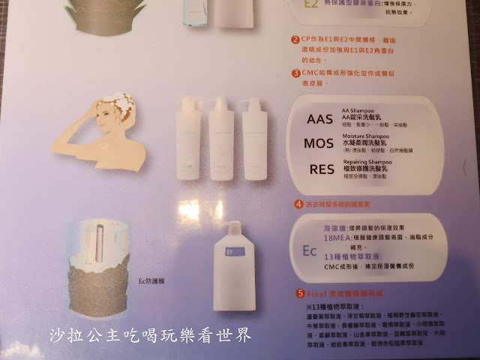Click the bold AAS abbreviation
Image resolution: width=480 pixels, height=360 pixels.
[324, 119]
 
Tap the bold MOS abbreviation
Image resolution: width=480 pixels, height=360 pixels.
[324, 143]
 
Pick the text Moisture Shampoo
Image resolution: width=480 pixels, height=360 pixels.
[367, 136]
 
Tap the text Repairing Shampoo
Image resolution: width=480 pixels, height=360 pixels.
[367, 160]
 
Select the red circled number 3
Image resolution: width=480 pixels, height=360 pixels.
[296, 73]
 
